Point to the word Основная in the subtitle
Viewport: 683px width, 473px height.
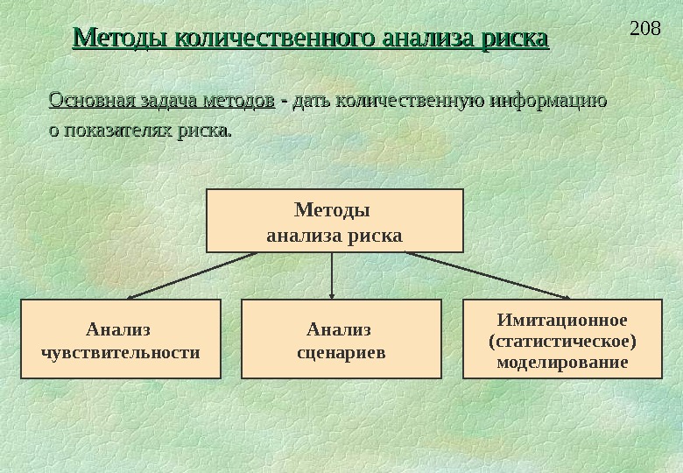86,102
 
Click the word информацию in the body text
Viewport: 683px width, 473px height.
548,102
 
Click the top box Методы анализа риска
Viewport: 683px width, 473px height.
334,221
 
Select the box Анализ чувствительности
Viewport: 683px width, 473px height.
120,339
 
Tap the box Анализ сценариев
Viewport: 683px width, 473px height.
341,339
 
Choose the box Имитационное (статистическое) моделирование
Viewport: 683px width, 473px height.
561,339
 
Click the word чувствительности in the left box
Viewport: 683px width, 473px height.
120,352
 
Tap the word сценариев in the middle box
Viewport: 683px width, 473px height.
340,352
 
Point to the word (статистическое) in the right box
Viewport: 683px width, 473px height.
562,340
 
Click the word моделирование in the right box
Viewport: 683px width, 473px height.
562,361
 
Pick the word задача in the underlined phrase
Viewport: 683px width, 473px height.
166,102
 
